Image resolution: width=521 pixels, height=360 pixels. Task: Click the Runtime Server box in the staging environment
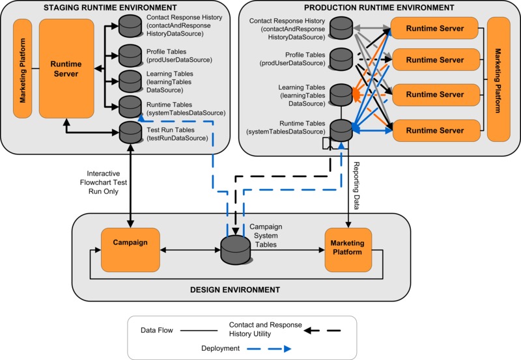coord(67,68)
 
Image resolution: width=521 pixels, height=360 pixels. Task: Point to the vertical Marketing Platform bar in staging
coord(22,68)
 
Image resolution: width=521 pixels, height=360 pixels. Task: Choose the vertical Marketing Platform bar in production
coord(498,80)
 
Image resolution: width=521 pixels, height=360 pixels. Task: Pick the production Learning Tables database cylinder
coord(340,94)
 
